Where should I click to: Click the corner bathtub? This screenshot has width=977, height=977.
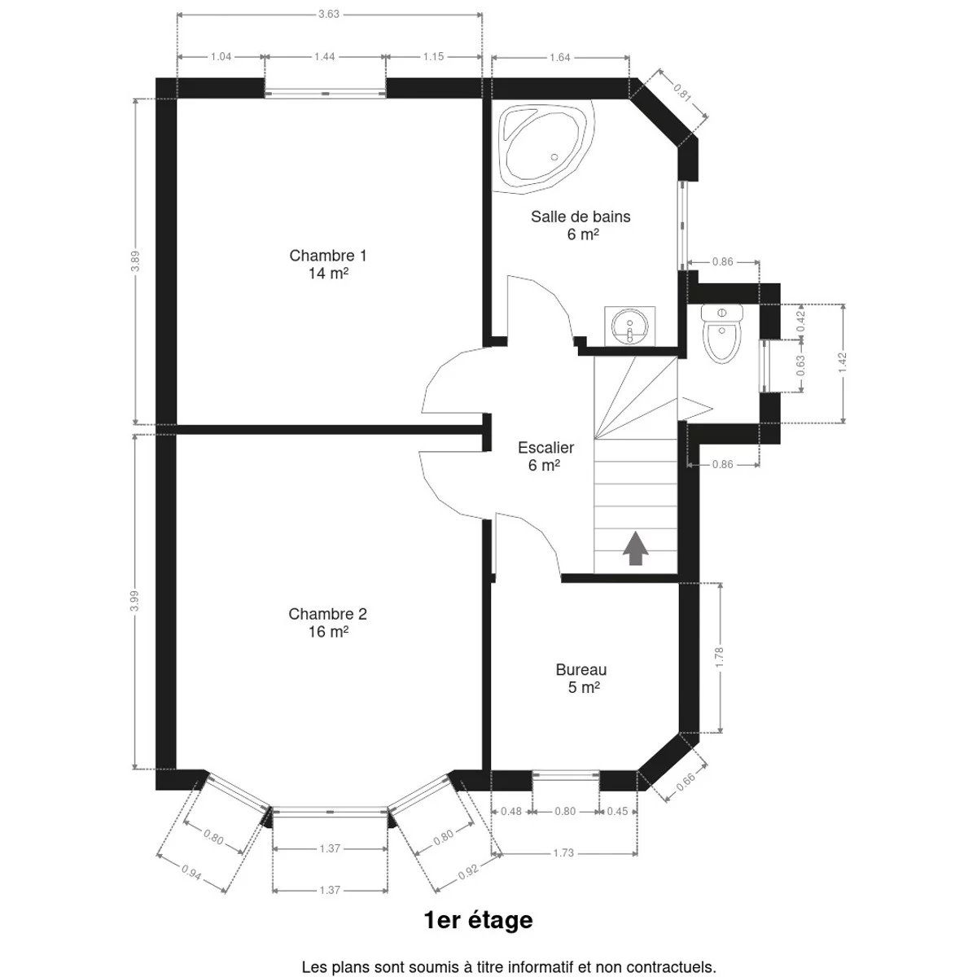544,147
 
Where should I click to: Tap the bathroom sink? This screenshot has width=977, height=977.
629,326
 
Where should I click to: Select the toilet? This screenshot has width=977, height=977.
721,334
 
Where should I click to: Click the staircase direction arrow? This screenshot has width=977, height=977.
635,548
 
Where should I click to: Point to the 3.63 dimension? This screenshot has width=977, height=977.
329,14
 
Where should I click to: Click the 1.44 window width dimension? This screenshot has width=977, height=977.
325,57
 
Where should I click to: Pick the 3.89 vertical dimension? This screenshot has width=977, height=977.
135,261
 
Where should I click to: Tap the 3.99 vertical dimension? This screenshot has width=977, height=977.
134,601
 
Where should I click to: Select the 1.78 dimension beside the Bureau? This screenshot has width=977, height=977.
720,658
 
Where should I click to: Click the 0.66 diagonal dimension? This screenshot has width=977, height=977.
686,782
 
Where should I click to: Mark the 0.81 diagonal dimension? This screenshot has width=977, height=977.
682,92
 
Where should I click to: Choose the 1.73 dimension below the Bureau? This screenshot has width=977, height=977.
563,852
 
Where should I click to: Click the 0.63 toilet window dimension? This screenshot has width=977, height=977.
800,365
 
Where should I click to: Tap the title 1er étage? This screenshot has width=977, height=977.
479,920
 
